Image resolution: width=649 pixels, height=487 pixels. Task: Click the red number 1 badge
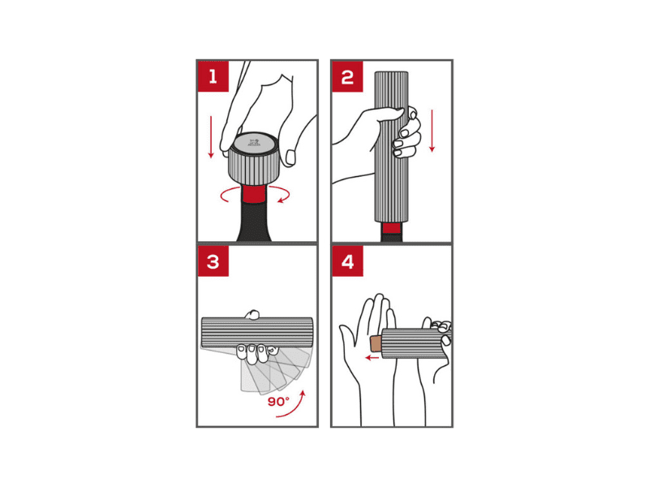pyautogui.click(x=213, y=76)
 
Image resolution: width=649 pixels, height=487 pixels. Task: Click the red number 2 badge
pyautogui.click(x=348, y=76)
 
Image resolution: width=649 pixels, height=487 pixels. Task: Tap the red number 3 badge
pyautogui.click(x=213, y=261)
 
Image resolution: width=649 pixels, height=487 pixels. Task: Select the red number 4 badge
pyautogui.click(x=348, y=261)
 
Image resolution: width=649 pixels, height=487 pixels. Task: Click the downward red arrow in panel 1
pyautogui.click(x=211, y=137)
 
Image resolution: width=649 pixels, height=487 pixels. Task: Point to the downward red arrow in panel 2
pyautogui.click(x=432, y=131)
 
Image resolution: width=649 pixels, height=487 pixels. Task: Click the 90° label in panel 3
pyautogui.click(x=278, y=401)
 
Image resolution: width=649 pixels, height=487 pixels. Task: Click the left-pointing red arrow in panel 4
pyautogui.click(x=373, y=357)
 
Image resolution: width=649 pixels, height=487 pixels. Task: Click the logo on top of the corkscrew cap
pyautogui.click(x=254, y=144)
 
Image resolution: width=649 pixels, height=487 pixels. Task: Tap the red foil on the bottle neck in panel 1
pyautogui.click(x=255, y=194)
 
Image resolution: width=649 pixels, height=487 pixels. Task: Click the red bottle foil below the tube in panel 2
pyautogui.click(x=391, y=228)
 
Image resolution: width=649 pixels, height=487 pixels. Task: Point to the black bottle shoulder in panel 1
pyautogui.click(x=254, y=222)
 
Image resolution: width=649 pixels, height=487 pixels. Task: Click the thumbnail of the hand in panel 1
pyautogui.click(x=291, y=157)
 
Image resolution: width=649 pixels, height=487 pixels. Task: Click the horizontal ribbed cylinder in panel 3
pyautogui.click(x=257, y=333)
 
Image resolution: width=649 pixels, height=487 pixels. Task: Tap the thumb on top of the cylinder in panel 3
pyautogui.click(x=252, y=314)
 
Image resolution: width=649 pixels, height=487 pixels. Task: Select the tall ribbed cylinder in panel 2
pyautogui.click(x=392, y=147)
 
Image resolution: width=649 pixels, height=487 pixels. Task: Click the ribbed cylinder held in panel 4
pyautogui.click(x=414, y=343)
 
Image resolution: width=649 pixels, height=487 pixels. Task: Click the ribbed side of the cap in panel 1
pyautogui.click(x=253, y=168)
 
